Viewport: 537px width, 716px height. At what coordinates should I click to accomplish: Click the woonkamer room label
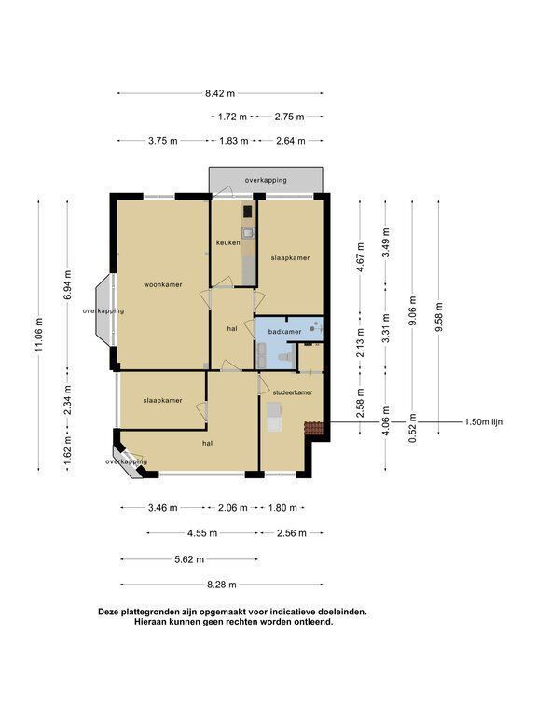(x=163, y=284)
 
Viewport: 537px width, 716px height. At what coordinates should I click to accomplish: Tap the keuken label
(x=227, y=242)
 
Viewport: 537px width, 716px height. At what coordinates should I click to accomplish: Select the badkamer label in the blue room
(x=284, y=332)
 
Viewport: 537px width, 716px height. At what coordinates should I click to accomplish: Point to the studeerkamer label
(x=292, y=392)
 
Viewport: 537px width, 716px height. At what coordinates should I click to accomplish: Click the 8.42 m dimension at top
(x=220, y=93)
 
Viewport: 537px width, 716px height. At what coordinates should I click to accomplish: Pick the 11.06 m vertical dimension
(x=39, y=335)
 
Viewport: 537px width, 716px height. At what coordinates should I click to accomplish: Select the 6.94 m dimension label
(x=67, y=284)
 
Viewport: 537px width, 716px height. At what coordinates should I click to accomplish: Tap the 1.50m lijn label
(x=484, y=422)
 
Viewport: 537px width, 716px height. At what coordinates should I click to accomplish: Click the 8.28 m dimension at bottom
(x=222, y=585)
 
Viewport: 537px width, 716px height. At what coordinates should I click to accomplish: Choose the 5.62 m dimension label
(x=189, y=559)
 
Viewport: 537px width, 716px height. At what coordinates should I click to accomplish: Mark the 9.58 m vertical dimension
(x=439, y=318)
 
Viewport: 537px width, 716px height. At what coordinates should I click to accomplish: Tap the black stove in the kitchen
(x=247, y=211)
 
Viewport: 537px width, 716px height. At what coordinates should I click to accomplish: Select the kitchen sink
(x=248, y=233)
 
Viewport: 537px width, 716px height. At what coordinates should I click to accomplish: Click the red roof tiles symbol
(x=313, y=428)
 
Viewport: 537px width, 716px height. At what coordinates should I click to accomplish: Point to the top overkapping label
(x=266, y=180)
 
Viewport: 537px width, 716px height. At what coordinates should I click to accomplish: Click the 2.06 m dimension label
(x=232, y=508)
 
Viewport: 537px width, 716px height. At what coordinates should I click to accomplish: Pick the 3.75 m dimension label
(x=162, y=141)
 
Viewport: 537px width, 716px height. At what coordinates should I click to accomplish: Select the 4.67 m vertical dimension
(x=360, y=257)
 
